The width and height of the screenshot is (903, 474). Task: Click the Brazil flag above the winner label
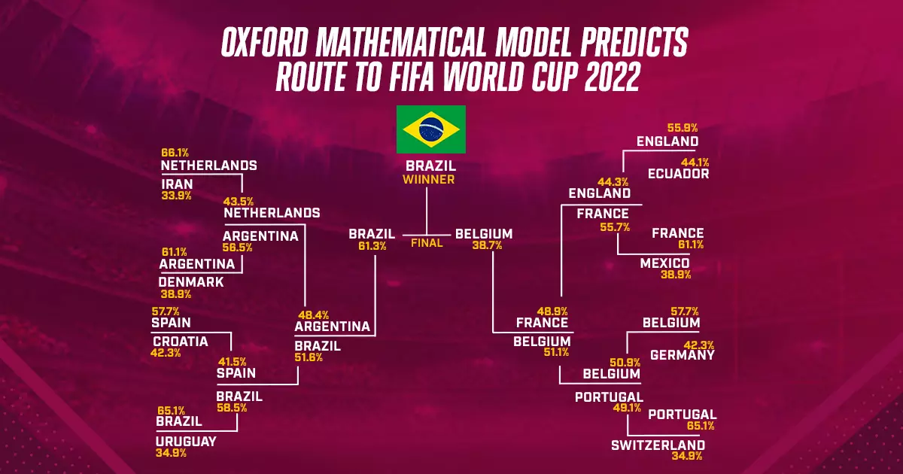pyautogui.click(x=431, y=129)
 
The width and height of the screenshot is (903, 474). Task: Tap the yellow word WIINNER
pyautogui.click(x=428, y=180)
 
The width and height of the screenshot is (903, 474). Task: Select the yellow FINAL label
pyautogui.click(x=427, y=243)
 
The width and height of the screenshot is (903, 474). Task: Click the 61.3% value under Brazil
pyautogui.click(x=372, y=246)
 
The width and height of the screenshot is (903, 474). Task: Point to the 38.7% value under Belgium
pyautogui.click(x=487, y=245)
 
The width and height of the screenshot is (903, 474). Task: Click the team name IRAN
pyautogui.click(x=177, y=184)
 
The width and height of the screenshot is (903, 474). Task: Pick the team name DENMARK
pyautogui.click(x=191, y=282)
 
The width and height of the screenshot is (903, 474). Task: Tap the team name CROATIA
pyautogui.click(x=180, y=342)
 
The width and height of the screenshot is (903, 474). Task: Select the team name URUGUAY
pyautogui.click(x=187, y=442)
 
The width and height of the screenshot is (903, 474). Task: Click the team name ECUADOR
pyautogui.click(x=679, y=174)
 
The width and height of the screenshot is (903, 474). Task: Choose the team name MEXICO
pyautogui.click(x=664, y=263)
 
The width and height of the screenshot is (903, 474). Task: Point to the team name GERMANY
pyautogui.click(x=682, y=355)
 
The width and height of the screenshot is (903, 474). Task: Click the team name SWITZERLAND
pyautogui.click(x=658, y=445)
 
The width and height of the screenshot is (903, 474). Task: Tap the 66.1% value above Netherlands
pyautogui.click(x=175, y=153)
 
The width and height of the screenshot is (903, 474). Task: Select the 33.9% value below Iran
pyautogui.click(x=176, y=196)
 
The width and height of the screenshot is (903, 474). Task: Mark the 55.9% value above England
pyautogui.click(x=683, y=128)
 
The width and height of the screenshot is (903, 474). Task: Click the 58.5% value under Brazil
pyautogui.click(x=232, y=408)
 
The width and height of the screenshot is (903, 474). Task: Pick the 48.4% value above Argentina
pyautogui.click(x=313, y=314)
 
